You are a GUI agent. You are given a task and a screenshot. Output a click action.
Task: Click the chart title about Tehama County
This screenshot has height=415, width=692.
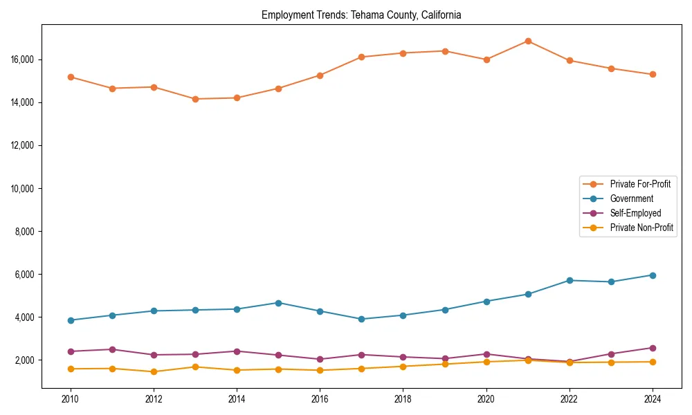pos(361,15)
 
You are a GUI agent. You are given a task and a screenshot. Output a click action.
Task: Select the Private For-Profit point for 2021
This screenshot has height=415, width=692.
pos(528,41)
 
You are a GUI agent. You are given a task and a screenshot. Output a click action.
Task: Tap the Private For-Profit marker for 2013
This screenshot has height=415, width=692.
pos(195,99)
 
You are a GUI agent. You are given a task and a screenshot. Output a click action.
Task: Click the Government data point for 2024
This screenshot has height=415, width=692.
pos(653,275)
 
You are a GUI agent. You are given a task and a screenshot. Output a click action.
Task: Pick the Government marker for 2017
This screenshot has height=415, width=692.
pos(361,319)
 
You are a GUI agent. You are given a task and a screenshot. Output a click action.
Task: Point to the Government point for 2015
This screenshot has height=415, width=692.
pos(278,303)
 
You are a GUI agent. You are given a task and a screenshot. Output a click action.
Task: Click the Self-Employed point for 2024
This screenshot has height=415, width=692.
pos(653,348)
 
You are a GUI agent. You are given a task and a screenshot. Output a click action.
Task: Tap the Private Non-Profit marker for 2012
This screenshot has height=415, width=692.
pos(154,371)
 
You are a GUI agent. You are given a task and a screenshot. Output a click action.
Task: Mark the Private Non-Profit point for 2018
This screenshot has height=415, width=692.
pos(403,366)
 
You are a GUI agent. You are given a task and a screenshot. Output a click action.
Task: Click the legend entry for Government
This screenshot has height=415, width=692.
pos(631,199)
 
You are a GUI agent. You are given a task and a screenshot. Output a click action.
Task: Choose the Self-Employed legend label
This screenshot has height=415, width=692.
pos(635,213)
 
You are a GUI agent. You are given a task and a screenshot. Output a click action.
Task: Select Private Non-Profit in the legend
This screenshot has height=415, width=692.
pos(641,228)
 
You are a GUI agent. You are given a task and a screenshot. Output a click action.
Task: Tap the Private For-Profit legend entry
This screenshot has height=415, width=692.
pos(640,184)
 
